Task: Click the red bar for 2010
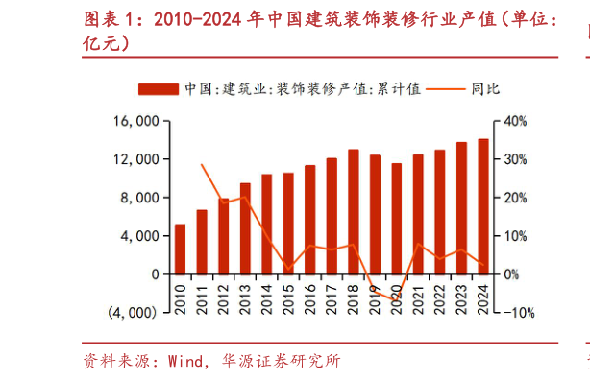(x=180, y=249)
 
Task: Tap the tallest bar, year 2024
(x=483, y=206)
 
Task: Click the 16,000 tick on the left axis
(x=135, y=121)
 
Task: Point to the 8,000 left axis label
(x=139, y=198)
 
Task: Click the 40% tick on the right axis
(x=512, y=121)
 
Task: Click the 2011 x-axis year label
(x=202, y=292)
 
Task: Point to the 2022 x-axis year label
(x=440, y=292)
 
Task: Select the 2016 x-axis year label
(x=310, y=292)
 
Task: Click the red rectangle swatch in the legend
(x=159, y=89)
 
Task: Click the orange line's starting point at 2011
(x=202, y=164)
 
